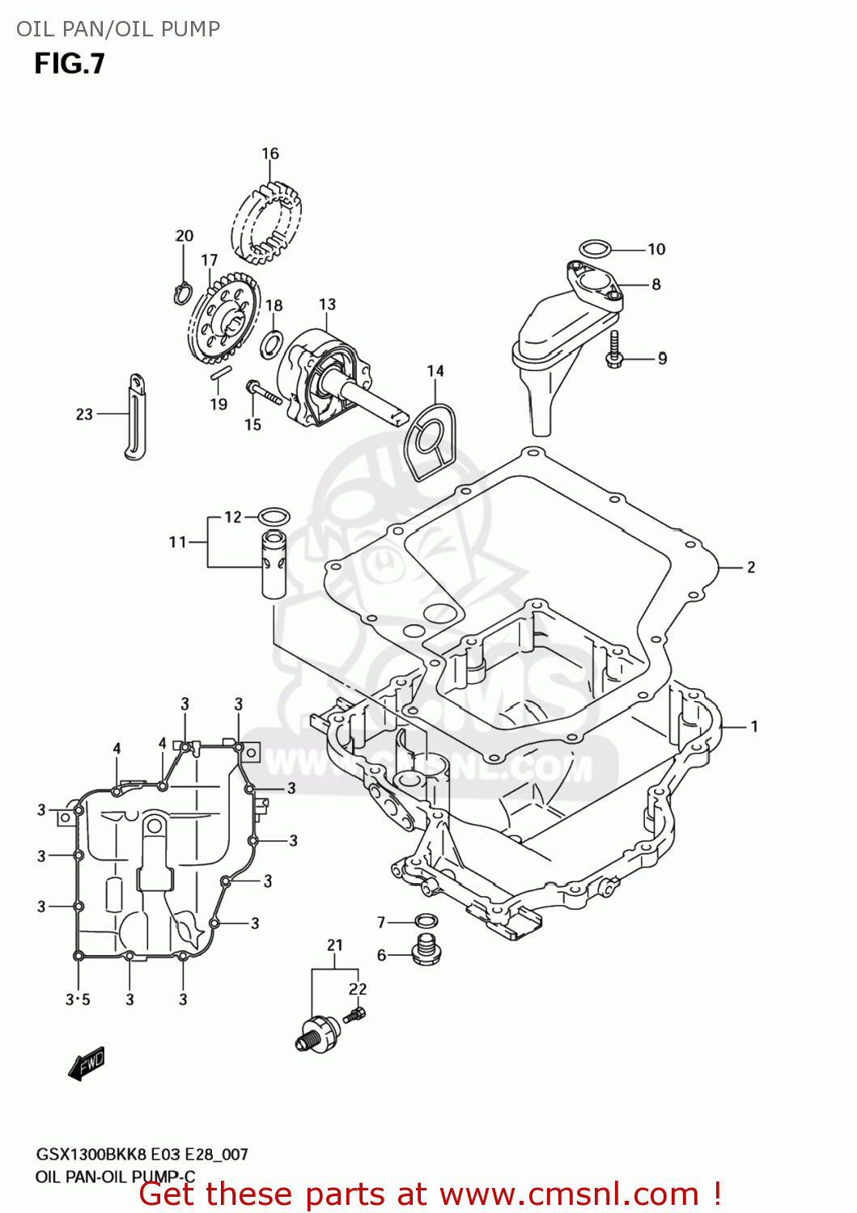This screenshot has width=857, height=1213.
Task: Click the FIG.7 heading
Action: coord(70,64)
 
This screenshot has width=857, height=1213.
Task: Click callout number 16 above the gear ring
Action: coord(269,154)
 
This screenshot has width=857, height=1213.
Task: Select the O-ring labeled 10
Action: coord(595,247)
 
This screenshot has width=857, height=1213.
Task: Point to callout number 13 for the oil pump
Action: coord(327,304)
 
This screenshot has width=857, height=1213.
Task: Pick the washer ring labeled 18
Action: coord(272,343)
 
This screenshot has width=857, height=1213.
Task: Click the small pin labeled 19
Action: coord(221,373)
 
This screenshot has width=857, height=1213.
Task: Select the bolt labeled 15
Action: coord(262,394)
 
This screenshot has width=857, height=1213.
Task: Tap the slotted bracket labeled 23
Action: coord(137,417)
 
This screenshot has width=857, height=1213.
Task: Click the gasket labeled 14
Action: coord(430,442)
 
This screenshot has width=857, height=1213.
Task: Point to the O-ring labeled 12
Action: coord(274,516)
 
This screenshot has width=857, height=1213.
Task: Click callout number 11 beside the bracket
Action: coord(177,542)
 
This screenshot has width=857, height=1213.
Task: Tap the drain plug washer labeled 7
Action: coord(426,920)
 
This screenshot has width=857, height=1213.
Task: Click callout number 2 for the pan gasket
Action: coord(751,568)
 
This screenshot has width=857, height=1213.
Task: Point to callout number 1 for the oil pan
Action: coord(753,726)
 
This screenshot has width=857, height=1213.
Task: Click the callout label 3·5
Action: coord(78,1000)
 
